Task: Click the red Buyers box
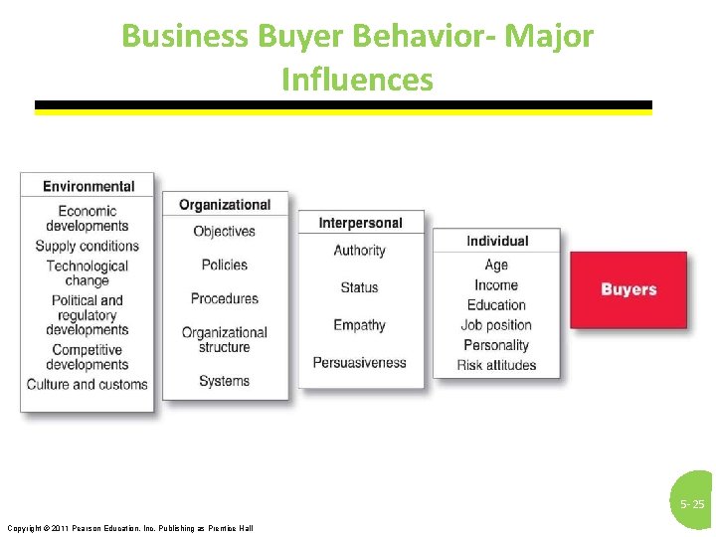click(628, 289)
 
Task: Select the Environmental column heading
click(89, 186)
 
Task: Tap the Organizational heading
click(225, 205)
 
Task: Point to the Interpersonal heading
click(360, 223)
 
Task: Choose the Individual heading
click(497, 241)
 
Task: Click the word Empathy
click(359, 325)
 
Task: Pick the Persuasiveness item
click(359, 362)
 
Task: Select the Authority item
click(359, 251)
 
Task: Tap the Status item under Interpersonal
click(359, 287)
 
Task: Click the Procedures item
click(224, 298)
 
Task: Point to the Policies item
click(224, 265)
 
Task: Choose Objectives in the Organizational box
click(224, 231)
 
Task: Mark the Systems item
click(224, 381)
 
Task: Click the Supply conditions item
click(88, 246)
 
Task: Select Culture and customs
click(88, 384)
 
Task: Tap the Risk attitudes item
click(496, 365)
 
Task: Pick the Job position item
click(496, 325)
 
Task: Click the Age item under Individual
click(496, 265)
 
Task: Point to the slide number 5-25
click(692, 505)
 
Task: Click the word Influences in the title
click(357, 79)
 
